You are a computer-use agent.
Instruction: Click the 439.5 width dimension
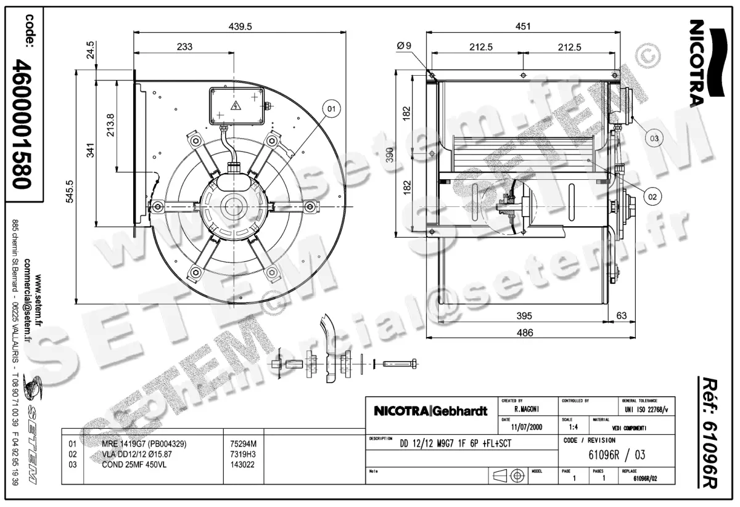tap(237, 26)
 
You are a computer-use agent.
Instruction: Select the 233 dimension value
tap(184, 47)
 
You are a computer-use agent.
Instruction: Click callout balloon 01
tap(331, 110)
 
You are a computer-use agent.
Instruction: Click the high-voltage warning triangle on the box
tap(235, 105)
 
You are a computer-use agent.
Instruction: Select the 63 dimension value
tap(621, 316)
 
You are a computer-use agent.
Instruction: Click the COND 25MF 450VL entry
tap(134, 464)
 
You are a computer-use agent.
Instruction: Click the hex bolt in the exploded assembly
tap(401, 363)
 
